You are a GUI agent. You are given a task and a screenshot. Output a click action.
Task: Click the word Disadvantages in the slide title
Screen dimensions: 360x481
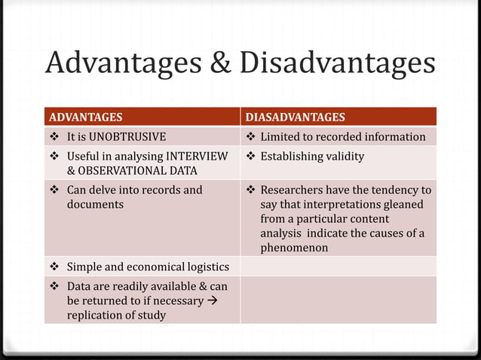click(337, 63)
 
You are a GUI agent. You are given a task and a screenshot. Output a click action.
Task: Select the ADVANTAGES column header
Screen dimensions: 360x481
click(85, 117)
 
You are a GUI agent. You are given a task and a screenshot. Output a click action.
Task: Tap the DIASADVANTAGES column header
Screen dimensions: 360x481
click(296, 117)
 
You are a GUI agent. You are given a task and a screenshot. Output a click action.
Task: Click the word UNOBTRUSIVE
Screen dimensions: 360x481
click(127, 136)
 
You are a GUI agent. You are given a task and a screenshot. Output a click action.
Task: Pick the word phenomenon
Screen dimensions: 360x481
click(294, 247)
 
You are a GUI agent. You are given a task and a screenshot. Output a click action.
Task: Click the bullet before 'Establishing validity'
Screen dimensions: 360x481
click(251, 156)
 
